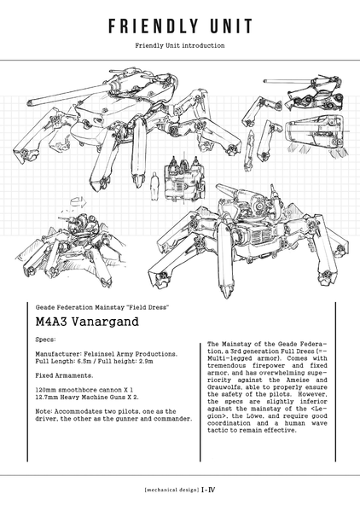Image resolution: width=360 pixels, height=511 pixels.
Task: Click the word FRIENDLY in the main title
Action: tap(153, 26)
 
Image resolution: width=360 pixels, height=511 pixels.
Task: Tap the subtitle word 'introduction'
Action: tap(203, 45)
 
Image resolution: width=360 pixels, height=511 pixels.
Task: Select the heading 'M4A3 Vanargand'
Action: tap(87, 322)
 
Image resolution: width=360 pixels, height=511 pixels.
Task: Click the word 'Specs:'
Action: tap(45, 340)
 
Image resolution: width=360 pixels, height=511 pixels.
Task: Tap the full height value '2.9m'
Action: tap(146, 361)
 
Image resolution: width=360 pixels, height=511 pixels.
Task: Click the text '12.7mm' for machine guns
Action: tap(46, 397)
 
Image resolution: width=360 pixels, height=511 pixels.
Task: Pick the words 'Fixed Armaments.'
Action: tap(64, 375)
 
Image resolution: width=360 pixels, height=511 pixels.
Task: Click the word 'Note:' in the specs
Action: tap(44, 411)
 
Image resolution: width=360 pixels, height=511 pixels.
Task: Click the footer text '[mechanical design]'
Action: tap(171, 490)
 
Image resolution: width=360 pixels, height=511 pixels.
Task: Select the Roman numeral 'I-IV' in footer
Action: tap(208, 490)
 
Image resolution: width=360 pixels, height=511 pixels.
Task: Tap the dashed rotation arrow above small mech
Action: tap(78, 201)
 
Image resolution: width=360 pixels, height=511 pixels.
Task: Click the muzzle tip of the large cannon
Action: tap(29, 102)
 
